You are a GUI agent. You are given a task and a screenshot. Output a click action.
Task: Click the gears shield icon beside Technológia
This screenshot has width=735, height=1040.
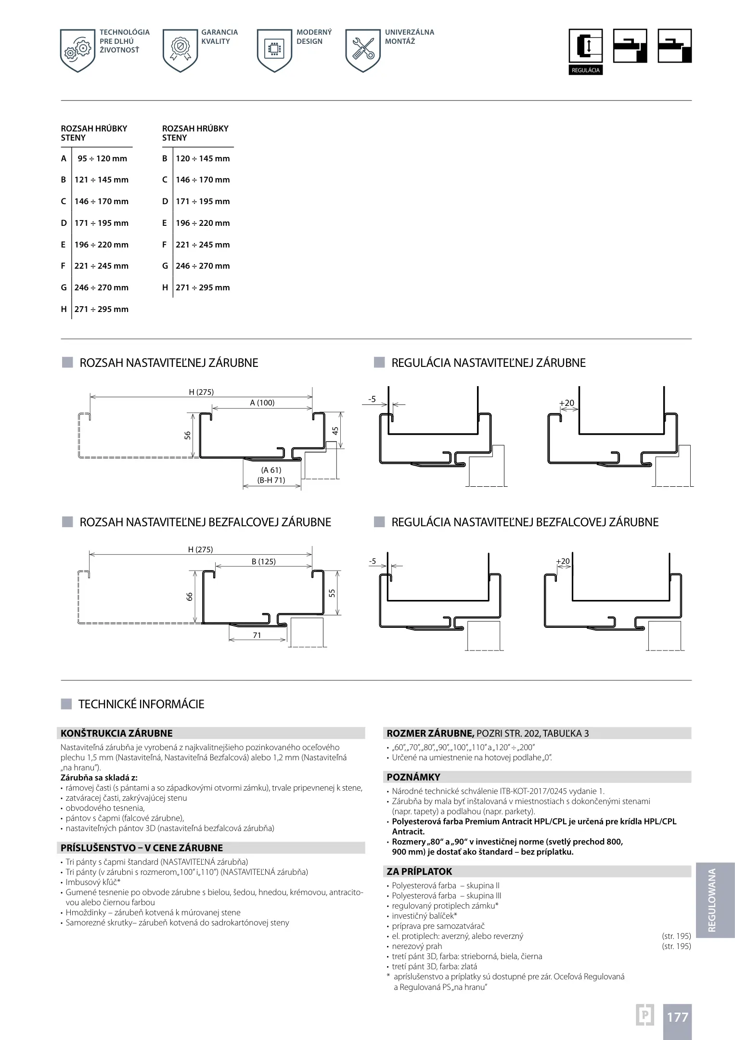point(77,51)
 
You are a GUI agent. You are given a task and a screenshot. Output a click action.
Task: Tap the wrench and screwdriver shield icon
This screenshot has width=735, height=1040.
point(363,51)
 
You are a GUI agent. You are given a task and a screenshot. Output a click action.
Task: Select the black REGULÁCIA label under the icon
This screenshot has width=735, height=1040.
point(585,70)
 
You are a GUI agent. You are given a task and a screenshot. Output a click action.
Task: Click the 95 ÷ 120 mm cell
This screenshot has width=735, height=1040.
point(102,158)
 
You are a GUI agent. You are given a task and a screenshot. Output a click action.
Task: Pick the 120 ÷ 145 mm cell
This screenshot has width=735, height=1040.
point(203,158)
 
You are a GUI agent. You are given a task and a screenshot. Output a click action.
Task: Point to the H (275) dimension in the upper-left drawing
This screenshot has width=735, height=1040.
point(201,392)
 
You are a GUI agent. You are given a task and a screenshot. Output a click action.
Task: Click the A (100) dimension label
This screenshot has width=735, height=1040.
point(262,403)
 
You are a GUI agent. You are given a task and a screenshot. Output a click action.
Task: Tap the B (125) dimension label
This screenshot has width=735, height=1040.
point(264,561)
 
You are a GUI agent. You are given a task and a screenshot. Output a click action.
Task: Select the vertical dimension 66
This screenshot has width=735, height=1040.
point(190,596)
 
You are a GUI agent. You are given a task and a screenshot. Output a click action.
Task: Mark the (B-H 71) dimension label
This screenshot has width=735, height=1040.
point(271,480)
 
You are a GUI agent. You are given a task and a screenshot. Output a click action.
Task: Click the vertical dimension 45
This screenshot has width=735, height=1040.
point(335,430)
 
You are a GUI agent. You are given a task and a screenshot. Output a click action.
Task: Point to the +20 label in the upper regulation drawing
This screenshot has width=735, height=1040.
point(567,403)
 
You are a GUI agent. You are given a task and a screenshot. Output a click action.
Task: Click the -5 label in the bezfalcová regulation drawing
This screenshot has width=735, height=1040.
point(372,561)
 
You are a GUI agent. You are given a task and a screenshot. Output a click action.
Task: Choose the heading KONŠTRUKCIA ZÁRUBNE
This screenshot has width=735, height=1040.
point(116,733)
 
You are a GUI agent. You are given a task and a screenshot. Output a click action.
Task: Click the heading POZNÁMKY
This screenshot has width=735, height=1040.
point(413,777)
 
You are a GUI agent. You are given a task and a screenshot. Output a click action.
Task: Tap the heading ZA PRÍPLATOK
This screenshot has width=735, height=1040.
point(420,871)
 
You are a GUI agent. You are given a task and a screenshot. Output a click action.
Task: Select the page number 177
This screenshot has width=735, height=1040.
point(677,1017)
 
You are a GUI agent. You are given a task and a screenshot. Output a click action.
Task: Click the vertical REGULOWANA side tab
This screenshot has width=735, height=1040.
point(712,900)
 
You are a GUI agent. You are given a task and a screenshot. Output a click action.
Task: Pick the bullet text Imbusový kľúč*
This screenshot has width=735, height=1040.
point(93,882)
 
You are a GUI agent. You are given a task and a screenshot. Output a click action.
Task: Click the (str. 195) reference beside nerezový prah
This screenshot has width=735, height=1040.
point(676,946)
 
